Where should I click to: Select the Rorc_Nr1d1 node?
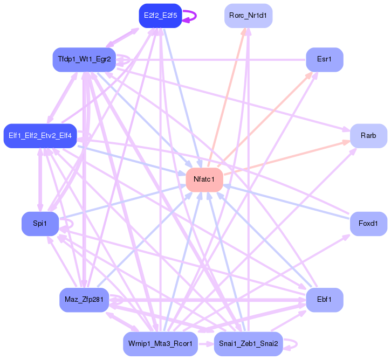pyautogui.click(x=248, y=15)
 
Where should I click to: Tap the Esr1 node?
pyautogui.click(x=324, y=59)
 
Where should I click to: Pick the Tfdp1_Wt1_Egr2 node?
pyautogui.click(x=84, y=59)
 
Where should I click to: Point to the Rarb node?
pyautogui.click(x=368, y=135)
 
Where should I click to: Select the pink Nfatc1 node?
pyautogui.click(x=204, y=178)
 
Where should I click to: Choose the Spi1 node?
pyautogui.click(x=40, y=224)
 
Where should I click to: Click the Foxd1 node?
pyautogui.click(x=368, y=223)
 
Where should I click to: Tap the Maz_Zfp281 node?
pyautogui.click(x=84, y=299)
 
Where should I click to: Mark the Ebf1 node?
pyautogui.click(x=324, y=299)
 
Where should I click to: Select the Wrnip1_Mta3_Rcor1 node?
pyautogui.click(x=160, y=344)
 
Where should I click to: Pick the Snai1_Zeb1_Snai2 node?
pyautogui.click(x=248, y=344)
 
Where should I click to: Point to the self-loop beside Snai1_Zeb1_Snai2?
pyautogui.click(x=292, y=344)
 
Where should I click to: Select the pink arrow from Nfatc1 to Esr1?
pyautogui.click(x=264, y=118)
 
